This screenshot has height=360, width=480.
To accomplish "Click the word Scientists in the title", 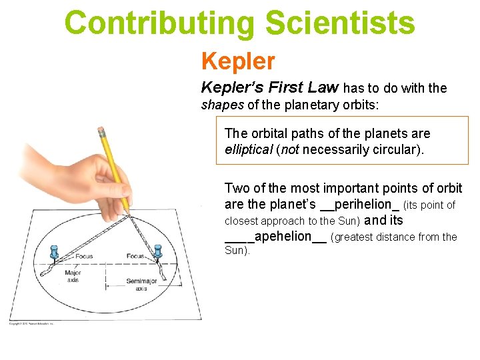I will point(340,23).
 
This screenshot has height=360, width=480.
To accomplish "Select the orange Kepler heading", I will point(238,61).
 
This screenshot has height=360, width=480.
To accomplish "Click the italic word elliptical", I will point(249,149).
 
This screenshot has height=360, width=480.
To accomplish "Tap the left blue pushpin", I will point(55,252).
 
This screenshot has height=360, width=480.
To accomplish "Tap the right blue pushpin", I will point(158,251).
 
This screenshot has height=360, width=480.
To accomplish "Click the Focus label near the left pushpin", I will point(84,255).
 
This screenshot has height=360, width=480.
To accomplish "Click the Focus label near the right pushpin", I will point(135,255).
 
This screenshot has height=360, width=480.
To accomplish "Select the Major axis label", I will point(73,276).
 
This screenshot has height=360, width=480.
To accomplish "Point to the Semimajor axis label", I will point(141,285).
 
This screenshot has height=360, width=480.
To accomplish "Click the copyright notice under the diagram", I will point(31,325).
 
